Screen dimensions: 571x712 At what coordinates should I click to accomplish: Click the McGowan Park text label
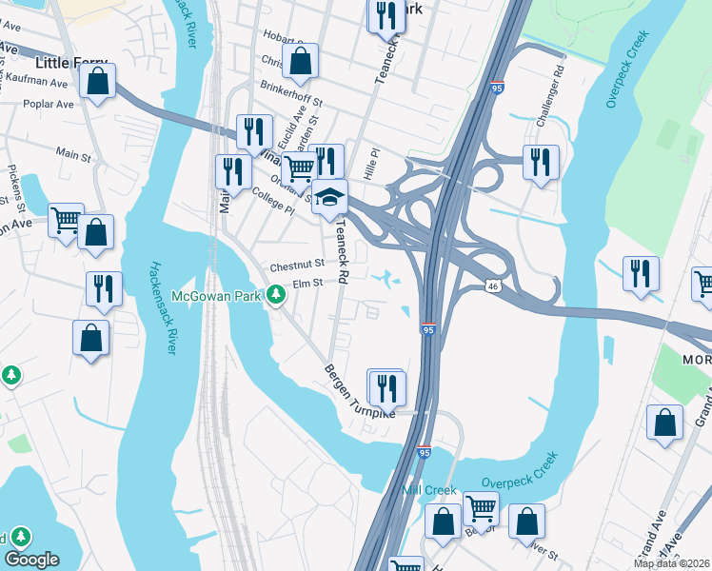(216, 297)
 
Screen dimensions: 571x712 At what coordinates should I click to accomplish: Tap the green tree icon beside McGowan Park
(276, 296)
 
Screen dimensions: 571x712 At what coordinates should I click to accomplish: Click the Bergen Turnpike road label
(358, 392)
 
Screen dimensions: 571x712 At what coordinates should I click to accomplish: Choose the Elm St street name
(307, 283)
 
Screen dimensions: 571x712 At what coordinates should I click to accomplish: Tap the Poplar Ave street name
(47, 104)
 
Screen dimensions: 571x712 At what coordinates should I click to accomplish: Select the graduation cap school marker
(329, 198)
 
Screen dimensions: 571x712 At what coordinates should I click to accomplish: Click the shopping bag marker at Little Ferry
(97, 82)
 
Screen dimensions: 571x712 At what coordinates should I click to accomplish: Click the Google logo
(31, 560)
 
